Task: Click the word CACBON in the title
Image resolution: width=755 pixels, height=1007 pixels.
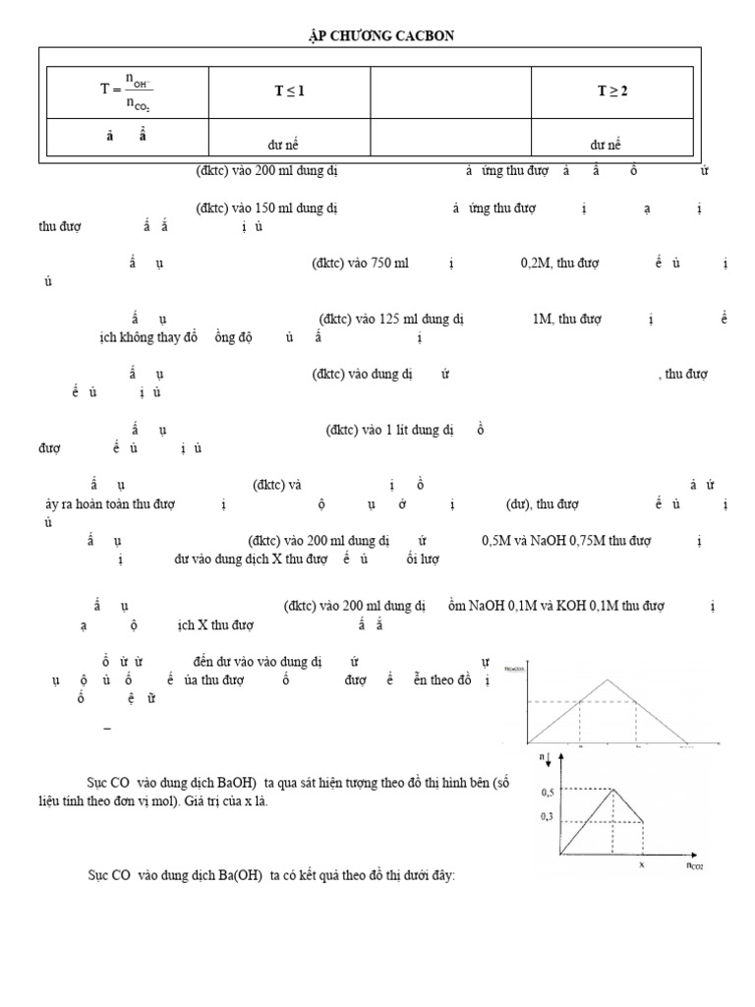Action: pos(427,36)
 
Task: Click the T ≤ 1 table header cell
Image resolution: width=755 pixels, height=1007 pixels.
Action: pos(289,91)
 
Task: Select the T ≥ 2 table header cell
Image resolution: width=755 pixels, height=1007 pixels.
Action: pos(612,91)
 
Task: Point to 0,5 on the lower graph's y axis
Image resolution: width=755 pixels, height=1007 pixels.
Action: pos(548,791)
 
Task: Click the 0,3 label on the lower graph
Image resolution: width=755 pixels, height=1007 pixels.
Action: pos(548,817)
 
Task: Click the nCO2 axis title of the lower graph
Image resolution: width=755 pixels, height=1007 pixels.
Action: pos(693,866)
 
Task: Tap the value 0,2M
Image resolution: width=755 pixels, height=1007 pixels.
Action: pos(536,264)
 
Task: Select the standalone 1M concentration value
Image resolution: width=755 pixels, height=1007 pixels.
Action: pos(543,319)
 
